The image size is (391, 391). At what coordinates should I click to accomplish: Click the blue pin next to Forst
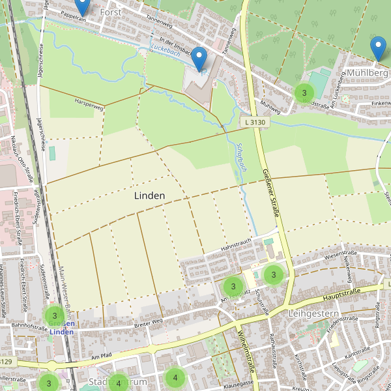click(82, 7)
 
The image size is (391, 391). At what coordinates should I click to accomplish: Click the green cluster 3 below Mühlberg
click(304, 93)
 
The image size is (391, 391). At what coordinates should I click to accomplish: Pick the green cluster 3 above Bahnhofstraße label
click(55, 316)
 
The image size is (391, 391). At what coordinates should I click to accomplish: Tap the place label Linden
click(149, 195)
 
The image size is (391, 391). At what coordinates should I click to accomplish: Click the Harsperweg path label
click(89, 104)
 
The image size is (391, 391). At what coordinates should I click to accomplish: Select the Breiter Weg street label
click(147, 323)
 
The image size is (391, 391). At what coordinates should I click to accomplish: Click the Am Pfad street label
click(102, 355)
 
